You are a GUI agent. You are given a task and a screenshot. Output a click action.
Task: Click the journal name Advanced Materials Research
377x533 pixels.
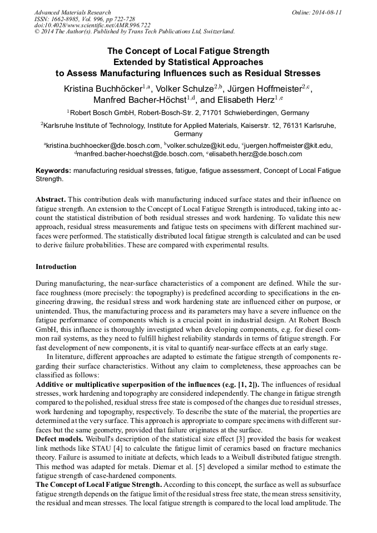click(x=72, y=12)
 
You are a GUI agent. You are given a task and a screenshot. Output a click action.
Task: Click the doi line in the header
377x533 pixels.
click(x=92, y=25)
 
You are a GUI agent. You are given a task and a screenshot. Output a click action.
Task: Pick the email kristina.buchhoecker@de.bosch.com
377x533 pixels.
click(x=98, y=145)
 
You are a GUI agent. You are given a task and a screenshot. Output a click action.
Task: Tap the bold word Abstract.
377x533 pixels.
click(x=51, y=199)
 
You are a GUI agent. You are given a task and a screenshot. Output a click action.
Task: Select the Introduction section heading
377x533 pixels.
click(x=56, y=267)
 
